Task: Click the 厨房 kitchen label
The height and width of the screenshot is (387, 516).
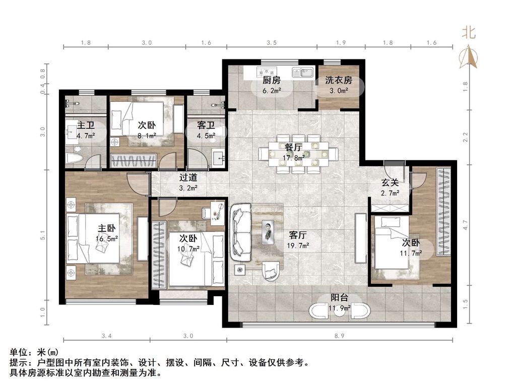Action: point(272,80)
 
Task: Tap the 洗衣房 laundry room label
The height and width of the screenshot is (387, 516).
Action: point(339,80)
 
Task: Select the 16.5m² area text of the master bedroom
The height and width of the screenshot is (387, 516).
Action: point(107,239)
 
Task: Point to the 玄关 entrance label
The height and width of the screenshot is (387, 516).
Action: point(390,182)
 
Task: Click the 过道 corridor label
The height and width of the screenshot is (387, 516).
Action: point(188,178)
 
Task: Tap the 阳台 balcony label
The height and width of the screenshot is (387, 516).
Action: point(339,298)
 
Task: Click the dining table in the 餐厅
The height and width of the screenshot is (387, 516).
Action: point(298,154)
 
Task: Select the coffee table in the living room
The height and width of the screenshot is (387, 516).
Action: point(268,232)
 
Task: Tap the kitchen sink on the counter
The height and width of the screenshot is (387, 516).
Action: point(303,73)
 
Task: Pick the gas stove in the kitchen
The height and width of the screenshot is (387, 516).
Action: point(267,72)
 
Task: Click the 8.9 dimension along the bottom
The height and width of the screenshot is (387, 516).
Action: point(339,336)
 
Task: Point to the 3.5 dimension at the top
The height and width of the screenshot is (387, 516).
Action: point(272,43)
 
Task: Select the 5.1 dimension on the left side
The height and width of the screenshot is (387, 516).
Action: point(43,235)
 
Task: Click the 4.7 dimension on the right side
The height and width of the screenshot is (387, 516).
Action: point(465,225)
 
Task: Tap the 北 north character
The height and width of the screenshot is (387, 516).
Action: point(469,33)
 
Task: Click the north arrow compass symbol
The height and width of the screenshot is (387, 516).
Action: point(468,57)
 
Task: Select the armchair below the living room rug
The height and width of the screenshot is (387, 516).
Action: point(273,270)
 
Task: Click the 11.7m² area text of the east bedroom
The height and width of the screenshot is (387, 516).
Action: point(411,253)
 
